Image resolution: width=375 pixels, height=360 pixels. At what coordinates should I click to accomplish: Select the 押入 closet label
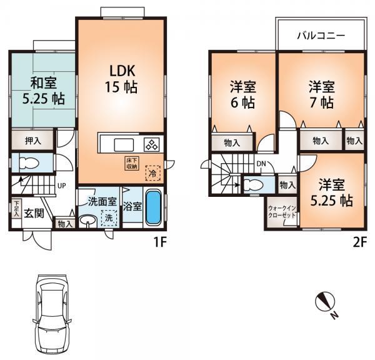(x=33, y=141)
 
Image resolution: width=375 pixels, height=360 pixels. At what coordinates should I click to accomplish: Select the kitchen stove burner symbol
(x=152, y=144)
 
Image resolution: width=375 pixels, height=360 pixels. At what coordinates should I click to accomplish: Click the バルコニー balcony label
(x=321, y=36)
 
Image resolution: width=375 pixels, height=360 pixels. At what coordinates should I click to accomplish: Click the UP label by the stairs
(x=62, y=186)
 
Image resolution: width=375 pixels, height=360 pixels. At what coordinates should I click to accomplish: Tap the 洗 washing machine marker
(x=107, y=218)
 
